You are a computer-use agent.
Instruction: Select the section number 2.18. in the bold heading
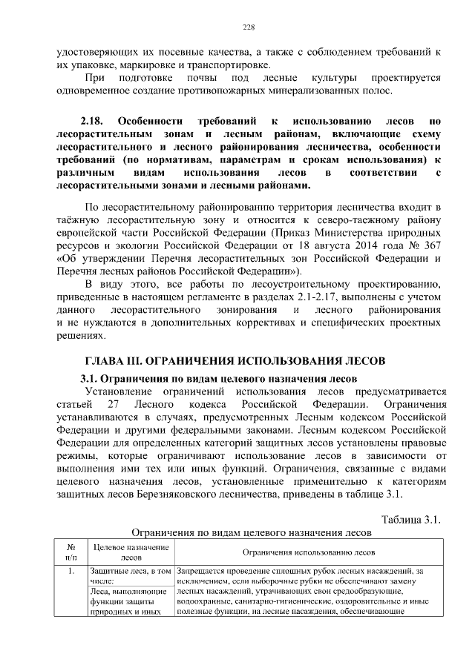[94, 120]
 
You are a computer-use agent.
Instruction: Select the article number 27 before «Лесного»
[114, 405]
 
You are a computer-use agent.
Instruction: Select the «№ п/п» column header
[71, 552]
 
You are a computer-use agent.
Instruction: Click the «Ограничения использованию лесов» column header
[309, 552]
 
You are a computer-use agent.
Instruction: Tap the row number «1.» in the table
[71, 572]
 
